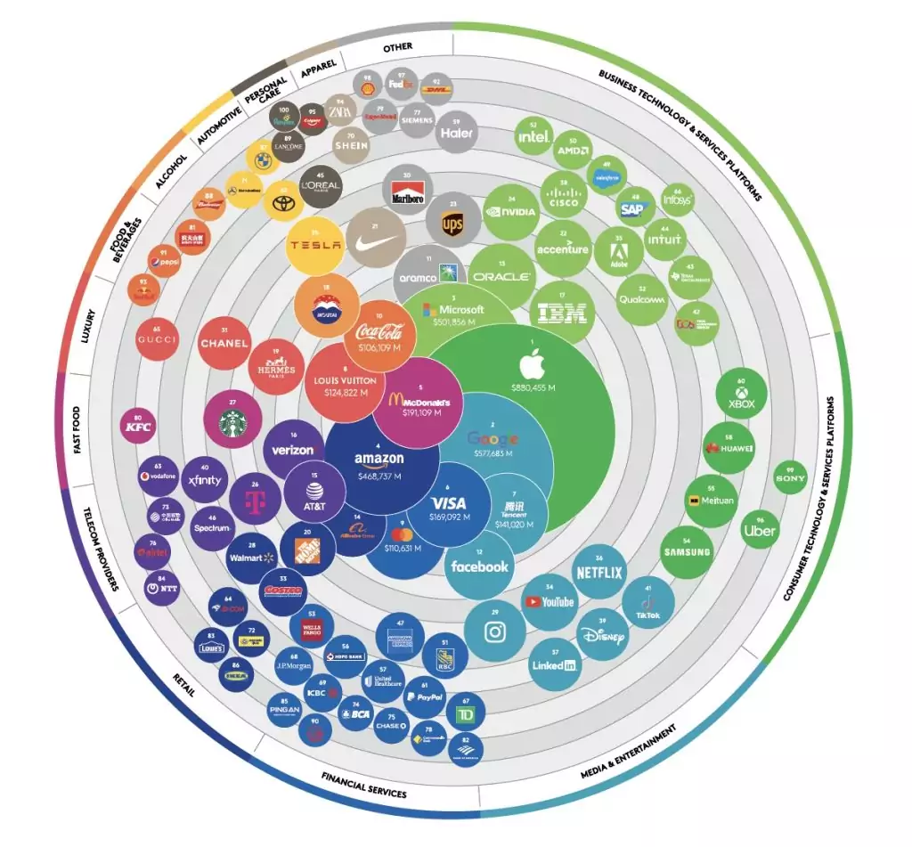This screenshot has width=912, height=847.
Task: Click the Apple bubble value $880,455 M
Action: (x=533, y=388)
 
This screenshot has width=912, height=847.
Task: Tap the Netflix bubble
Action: (x=598, y=571)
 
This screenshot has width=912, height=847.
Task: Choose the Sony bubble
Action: (x=790, y=478)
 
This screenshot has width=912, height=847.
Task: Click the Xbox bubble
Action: (x=741, y=397)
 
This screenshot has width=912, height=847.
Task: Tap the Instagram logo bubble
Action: (x=493, y=631)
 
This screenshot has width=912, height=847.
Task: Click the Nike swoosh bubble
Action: (x=376, y=236)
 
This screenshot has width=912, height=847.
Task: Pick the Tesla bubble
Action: (x=315, y=246)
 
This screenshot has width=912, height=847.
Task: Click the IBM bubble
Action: (x=560, y=313)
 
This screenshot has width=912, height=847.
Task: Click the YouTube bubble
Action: (x=549, y=601)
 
